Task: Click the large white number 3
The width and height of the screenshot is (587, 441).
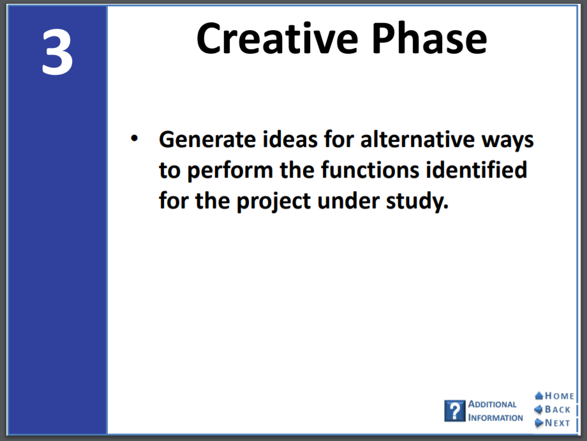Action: [57, 52]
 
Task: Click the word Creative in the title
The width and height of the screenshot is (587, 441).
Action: [278, 38]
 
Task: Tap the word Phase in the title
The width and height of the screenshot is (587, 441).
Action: [429, 38]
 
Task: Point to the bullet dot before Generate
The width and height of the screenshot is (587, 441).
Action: [134, 139]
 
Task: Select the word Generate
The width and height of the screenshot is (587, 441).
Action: [207, 139]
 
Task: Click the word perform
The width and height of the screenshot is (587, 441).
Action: [230, 171]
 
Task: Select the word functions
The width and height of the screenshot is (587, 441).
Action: [370, 170]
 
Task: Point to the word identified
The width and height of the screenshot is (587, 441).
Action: [476, 170]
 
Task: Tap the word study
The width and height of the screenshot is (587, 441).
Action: [417, 201]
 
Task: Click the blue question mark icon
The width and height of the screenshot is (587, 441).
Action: [455, 410]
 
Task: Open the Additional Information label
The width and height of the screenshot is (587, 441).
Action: [495, 411]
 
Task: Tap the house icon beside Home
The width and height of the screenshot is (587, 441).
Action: [539, 396]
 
